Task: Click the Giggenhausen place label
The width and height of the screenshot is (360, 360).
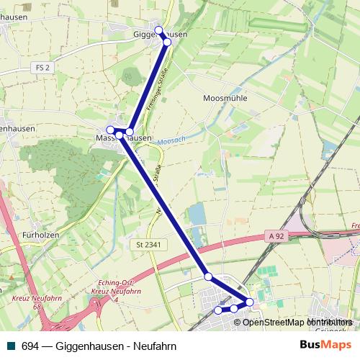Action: (x=161, y=34)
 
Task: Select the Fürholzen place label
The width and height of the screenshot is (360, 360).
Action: (x=40, y=235)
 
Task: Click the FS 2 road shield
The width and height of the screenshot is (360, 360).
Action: (x=44, y=68)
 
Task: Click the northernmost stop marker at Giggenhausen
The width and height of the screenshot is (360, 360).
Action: (x=159, y=30)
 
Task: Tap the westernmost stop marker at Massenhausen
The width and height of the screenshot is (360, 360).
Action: (x=110, y=130)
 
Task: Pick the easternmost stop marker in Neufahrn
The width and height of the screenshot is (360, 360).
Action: (x=250, y=302)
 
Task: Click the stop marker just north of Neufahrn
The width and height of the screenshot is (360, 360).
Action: (x=208, y=276)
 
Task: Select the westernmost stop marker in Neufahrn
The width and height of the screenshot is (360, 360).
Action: (x=218, y=310)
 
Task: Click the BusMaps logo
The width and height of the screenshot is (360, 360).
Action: (x=325, y=345)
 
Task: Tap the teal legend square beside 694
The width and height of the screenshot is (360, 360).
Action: (x=10, y=346)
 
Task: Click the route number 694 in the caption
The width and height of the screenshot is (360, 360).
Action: (x=30, y=346)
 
